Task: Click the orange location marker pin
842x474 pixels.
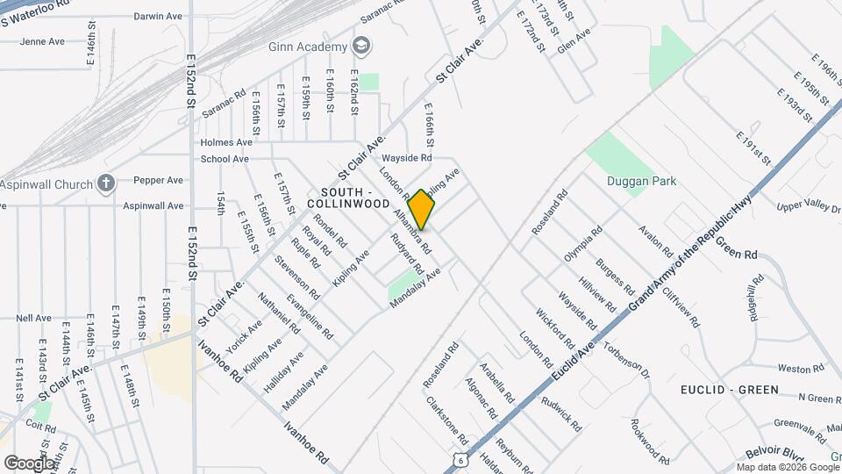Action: (422, 209)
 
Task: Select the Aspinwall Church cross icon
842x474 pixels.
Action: (106, 183)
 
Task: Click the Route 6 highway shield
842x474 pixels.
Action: (460, 459)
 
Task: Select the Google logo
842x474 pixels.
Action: (29, 463)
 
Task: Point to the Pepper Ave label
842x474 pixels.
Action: (158, 180)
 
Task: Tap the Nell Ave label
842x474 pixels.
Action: (33, 318)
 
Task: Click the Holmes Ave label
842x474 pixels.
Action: (225, 142)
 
